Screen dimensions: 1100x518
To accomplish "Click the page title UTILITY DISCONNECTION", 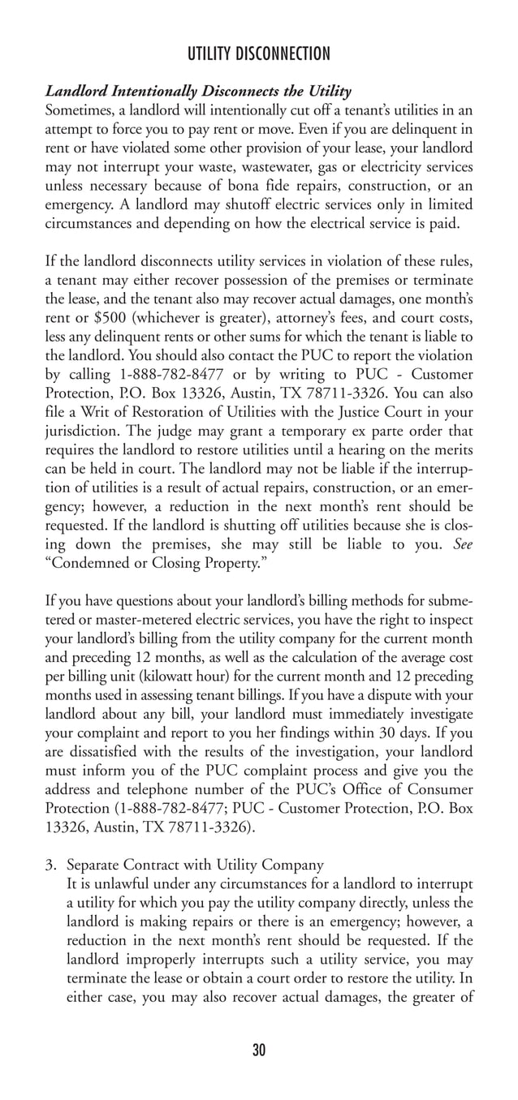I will tap(258, 54).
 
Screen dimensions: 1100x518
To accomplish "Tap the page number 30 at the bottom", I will tap(259, 1051).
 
